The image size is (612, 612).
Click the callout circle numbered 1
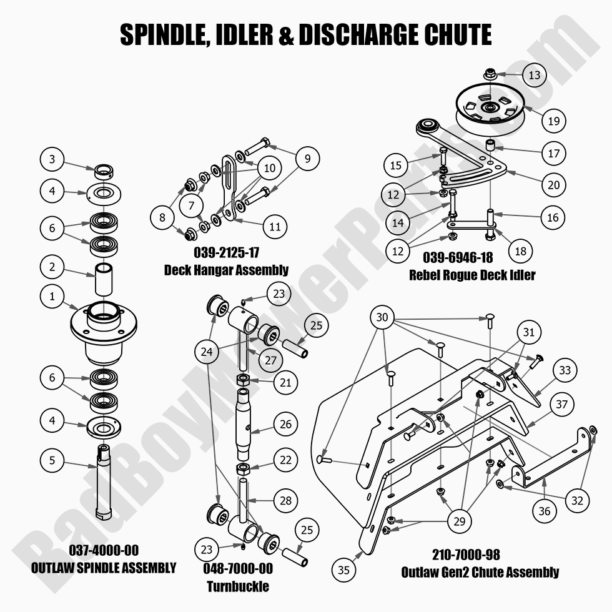tap(52, 297)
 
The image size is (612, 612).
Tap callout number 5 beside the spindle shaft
tap(52, 461)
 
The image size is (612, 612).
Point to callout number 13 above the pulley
tap(534, 75)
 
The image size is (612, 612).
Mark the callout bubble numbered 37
tap(562, 404)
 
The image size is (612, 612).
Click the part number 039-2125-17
tap(226, 254)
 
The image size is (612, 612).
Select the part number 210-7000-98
tap(466, 555)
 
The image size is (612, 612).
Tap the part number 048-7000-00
tap(238, 570)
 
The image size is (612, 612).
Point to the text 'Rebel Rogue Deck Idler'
tap(472, 275)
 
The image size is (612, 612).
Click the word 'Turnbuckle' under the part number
tap(238, 586)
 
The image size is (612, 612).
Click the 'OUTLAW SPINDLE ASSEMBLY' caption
tap(103, 568)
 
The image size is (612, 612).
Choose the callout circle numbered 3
tap(52, 159)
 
